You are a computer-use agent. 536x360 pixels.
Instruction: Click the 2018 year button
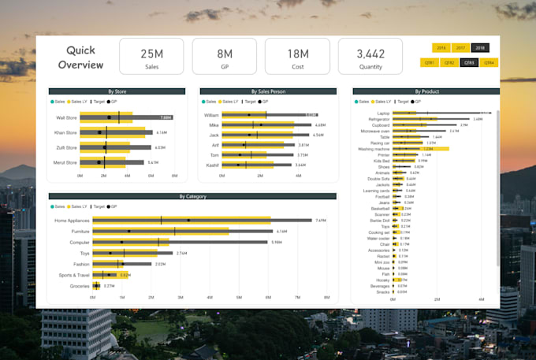[x=480, y=48]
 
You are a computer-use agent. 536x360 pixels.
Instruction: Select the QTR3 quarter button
[x=470, y=62]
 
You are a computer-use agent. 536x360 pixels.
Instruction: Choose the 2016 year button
[x=441, y=48]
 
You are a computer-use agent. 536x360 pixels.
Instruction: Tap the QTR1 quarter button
[x=430, y=62]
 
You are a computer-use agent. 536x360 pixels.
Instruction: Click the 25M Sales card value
[x=151, y=54]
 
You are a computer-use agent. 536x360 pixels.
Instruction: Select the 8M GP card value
[x=225, y=54]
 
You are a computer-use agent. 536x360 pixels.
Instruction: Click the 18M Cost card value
[x=297, y=54]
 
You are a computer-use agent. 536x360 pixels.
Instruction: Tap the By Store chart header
[x=117, y=91]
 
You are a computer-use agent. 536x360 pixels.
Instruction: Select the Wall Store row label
[x=66, y=117]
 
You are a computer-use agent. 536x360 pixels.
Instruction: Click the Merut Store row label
[x=65, y=162]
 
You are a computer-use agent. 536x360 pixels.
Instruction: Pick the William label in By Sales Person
[x=211, y=115]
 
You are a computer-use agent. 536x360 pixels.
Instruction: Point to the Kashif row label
[x=212, y=165]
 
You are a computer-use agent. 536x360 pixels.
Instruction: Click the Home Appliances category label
[x=72, y=221]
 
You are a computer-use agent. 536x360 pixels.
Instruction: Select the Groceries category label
[x=80, y=286]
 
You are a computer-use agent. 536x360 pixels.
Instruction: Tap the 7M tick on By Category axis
[x=297, y=298]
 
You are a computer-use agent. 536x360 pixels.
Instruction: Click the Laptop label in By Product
[x=383, y=113]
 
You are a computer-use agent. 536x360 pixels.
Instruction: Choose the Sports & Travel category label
[x=72, y=275]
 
